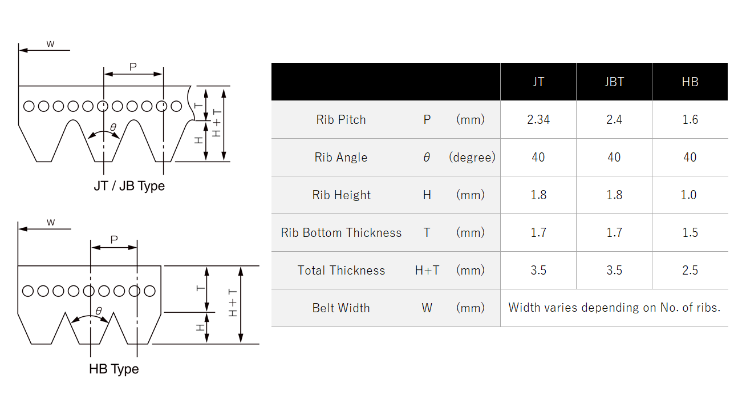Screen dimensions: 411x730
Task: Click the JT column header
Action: click(x=538, y=82)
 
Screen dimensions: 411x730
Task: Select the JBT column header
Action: click(x=614, y=82)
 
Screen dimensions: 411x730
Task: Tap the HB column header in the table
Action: click(x=690, y=82)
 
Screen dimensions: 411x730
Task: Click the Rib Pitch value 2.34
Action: click(x=538, y=120)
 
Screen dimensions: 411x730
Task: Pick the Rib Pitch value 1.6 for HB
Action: click(x=690, y=120)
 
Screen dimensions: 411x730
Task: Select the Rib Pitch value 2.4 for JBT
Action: click(x=614, y=120)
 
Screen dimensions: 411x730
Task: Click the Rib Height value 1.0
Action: click(x=688, y=195)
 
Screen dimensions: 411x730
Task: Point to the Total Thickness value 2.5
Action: click(x=690, y=271)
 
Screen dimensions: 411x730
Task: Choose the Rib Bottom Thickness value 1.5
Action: click(x=690, y=233)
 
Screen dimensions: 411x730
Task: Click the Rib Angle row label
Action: click(x=340, y=158)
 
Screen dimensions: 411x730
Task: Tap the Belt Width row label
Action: click(x=340, y=308)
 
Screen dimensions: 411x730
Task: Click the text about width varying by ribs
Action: click(x=614, y=308)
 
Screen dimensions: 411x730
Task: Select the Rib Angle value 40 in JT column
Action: click(x=538, y=158)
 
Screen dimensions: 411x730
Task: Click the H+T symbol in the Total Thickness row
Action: click(x=427, y=271)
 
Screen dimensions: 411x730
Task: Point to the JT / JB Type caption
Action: click(x=129, y=186)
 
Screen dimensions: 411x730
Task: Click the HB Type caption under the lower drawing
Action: click(x=113, y=369)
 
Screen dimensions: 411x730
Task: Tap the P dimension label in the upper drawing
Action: click(x=133, y=67)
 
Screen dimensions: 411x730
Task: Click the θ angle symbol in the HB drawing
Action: click(x=98, y=311)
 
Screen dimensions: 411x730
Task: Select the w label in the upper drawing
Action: click(x=50, y=44)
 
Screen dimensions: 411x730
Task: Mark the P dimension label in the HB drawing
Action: click(x=113, y=240)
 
